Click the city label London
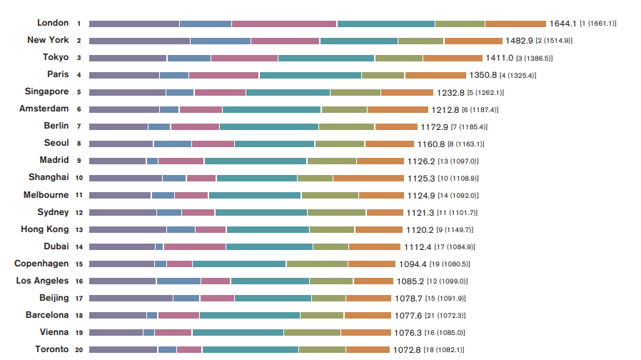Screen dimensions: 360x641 click(53, 23)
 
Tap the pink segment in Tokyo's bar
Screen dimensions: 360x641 click(244, 58)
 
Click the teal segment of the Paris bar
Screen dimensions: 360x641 click(311, 75)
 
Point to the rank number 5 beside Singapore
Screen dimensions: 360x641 click(79, 92)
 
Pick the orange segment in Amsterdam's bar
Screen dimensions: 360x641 click(398, 109)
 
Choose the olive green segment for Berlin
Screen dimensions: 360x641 click(346, 126)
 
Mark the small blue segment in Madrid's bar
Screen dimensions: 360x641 click(152, 161)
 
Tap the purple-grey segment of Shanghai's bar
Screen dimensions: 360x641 click(126, 178)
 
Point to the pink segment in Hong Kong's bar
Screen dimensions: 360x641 click(211, 229)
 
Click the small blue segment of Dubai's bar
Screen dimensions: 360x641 click(159, 246)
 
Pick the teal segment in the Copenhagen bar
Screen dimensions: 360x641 click(239, 264)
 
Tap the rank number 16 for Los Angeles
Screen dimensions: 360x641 click(79, 281)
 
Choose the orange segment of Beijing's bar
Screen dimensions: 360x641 click(368, 298)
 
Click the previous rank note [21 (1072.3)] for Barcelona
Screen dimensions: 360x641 click(445, 316)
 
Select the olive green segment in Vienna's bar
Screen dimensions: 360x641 click(312, 332)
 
